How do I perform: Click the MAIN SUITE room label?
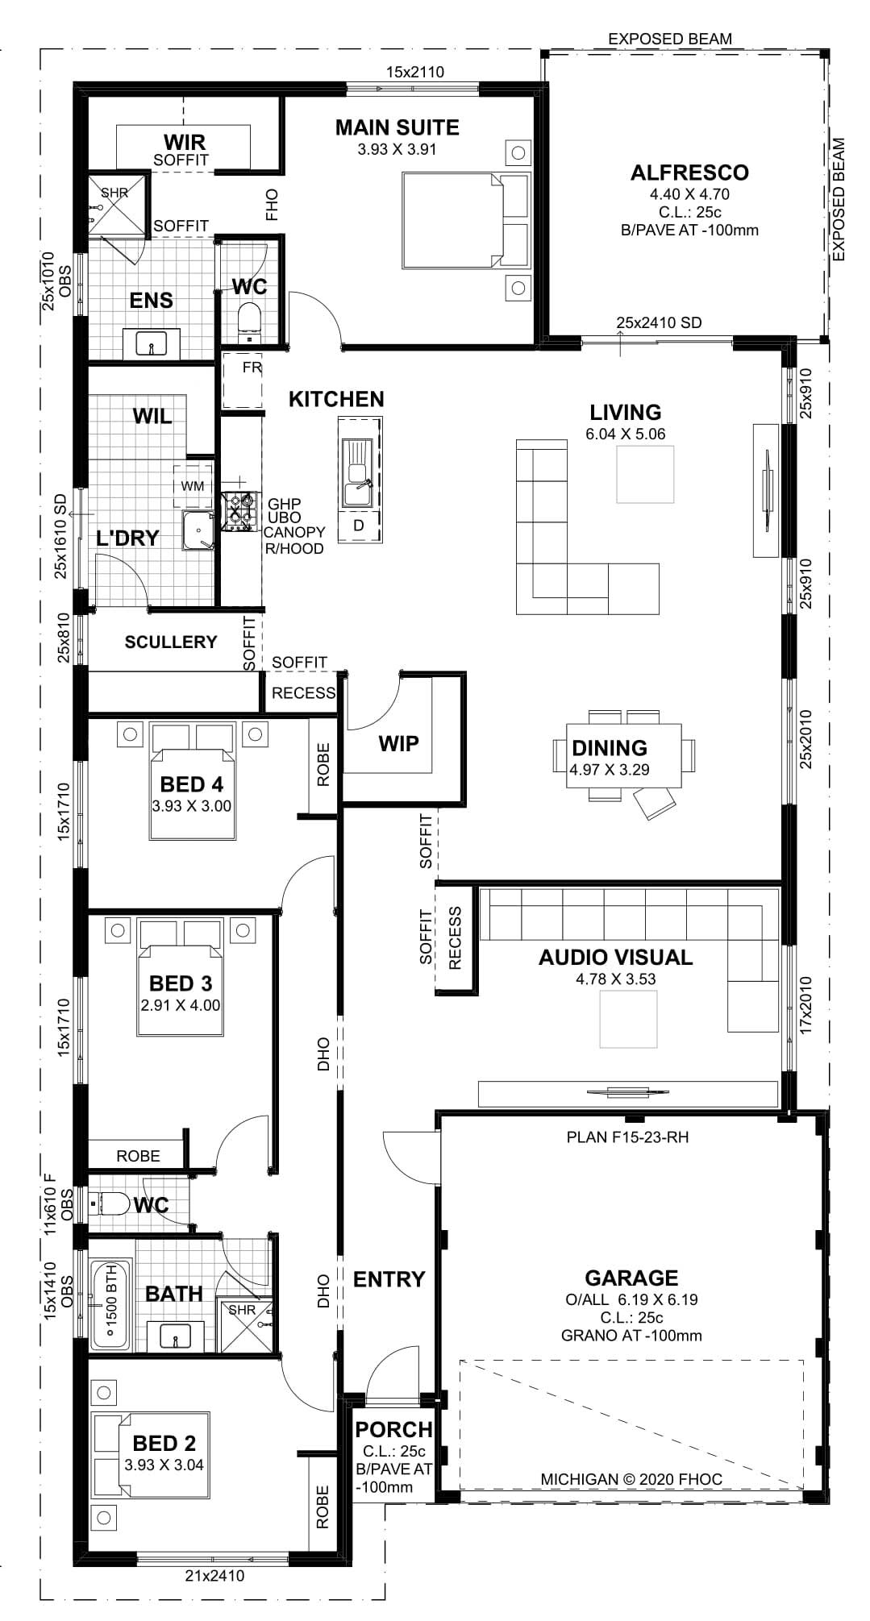click(x=397, y=127)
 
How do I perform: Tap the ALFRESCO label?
click(x=689, y=172)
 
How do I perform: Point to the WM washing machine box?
click(x=192, y=486)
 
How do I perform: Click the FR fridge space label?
click(x=252, y=368)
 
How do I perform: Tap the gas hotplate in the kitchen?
click(x=239, y=510)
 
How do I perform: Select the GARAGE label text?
click(x=631, y=1278)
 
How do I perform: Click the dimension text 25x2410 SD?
click(x=659, y=322)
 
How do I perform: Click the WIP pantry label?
click(x=398, y=743)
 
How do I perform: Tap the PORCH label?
click(x=393, y=1430)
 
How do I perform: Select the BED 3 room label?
click(x=181, y=983)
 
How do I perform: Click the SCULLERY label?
click(x=171, y=642)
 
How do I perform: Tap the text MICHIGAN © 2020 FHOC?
click(x=631, y=1479)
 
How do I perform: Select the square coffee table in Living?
click(x=645, y=474)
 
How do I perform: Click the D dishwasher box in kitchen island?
click(x=359, y=526)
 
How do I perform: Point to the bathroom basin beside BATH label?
click(x=175, y=1338)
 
